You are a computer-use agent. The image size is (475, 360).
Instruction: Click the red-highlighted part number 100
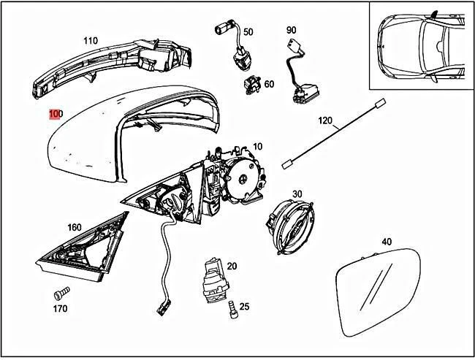point(56,115)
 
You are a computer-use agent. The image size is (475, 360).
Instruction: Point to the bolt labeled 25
point(232,309)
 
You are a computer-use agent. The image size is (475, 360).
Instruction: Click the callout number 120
point(324,120)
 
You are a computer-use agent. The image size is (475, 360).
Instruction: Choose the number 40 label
point(387,242)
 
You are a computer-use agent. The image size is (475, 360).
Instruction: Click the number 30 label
point(297,194)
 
